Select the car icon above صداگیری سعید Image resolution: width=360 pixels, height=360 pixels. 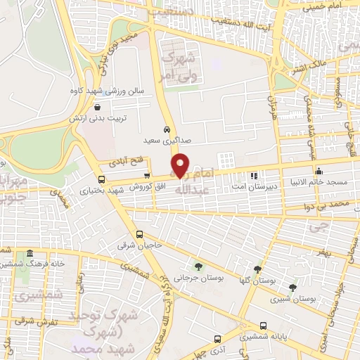point(166,129)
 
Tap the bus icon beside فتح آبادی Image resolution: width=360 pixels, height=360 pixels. point(101,160)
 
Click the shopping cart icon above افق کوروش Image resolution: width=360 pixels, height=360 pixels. point(146,175)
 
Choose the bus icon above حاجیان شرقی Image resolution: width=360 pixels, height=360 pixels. point(139,234)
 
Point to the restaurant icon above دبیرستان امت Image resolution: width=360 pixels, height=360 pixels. point(255,176)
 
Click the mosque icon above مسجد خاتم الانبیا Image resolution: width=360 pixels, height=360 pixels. point(319,170)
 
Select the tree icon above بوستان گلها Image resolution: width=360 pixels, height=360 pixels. point(258,269)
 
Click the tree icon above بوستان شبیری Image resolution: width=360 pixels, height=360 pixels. point(292,287)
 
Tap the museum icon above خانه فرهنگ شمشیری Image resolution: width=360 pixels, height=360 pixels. point(30,253)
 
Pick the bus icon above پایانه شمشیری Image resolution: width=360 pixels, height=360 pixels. point(263,326)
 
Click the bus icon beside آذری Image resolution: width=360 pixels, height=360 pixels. point(217,337)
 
